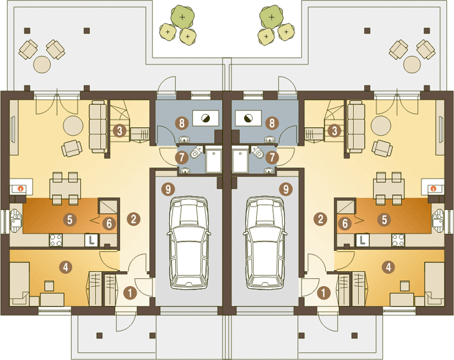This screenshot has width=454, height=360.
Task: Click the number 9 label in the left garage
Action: click(x=168, y=189)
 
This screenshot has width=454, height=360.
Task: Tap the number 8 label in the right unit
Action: click(x=272, y=123)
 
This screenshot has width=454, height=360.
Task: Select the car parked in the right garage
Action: click(x=265, y=243)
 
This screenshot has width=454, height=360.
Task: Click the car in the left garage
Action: click(x=189, y=243)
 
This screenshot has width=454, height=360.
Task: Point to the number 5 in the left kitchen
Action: click(x=70, y=220)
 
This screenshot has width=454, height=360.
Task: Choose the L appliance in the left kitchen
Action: click(x=91, y=240)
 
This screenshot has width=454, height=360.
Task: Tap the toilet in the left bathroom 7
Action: click(x=197, y=152)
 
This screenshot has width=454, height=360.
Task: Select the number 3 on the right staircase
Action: click(x=335, y=131)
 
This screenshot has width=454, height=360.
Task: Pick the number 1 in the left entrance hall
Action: click(x=130, y=293)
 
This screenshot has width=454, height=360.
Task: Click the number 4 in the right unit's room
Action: click(x=388, y=267)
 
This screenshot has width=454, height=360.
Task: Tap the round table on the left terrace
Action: click(x=42, y=64)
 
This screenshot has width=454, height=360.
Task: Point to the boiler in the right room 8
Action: click(x=248, y=118)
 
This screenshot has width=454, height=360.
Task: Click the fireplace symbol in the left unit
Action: click(x=20, y=188)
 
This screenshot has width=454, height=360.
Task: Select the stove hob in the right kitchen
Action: click(x=398, y=240)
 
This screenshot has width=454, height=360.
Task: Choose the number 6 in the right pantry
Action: click(x=345, y=224)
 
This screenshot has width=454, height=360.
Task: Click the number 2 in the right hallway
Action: click(x=320, y=219)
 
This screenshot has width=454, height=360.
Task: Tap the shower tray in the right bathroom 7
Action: click(x=240, y=160)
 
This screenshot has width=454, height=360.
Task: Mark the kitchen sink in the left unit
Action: click(x=16, y=220)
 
